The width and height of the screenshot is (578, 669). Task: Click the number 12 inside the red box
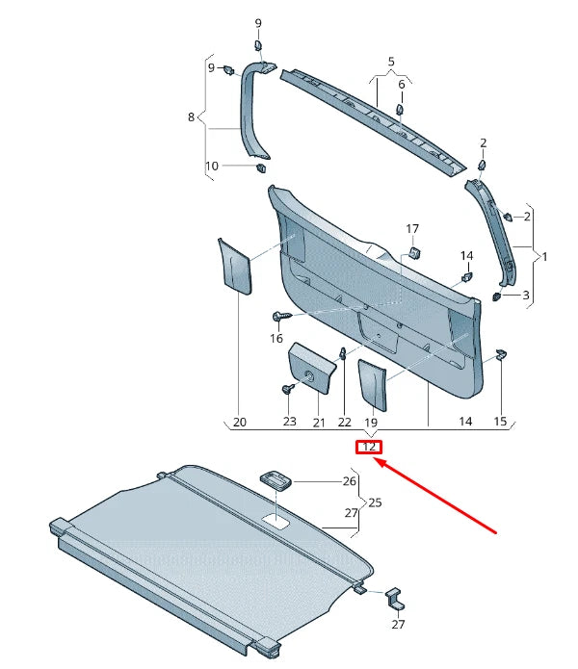tap(369, 447)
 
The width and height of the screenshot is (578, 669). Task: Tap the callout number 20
tap(240, 422)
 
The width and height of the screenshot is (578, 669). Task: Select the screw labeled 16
tap(280, 316)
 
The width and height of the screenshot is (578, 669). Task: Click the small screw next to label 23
tap(288, 388)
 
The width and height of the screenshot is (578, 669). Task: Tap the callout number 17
tap(412, 229)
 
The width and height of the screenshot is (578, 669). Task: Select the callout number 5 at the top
tap(391, 61)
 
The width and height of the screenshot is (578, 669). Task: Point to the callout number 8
tap(191, 117)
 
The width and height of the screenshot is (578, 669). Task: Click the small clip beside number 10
tap(260, 167)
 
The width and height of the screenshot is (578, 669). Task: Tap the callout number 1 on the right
tap(544, 257)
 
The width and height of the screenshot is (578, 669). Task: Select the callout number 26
tap(349, 480)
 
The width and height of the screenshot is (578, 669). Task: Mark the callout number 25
tap(376, 502)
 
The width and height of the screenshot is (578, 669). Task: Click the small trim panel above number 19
tap(373, 385)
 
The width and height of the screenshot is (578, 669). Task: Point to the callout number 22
tap(345, 422)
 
